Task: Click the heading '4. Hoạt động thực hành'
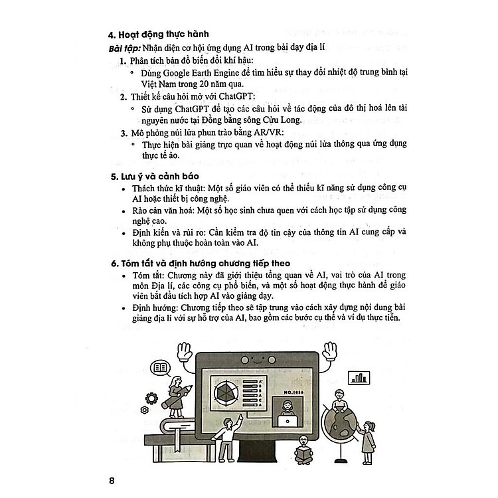[158, 37]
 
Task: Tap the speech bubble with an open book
[159, 367]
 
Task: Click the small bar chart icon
[361, 377]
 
